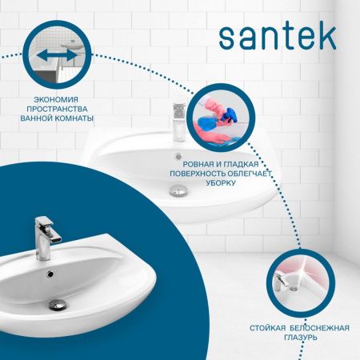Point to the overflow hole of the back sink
tap(178, 157)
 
